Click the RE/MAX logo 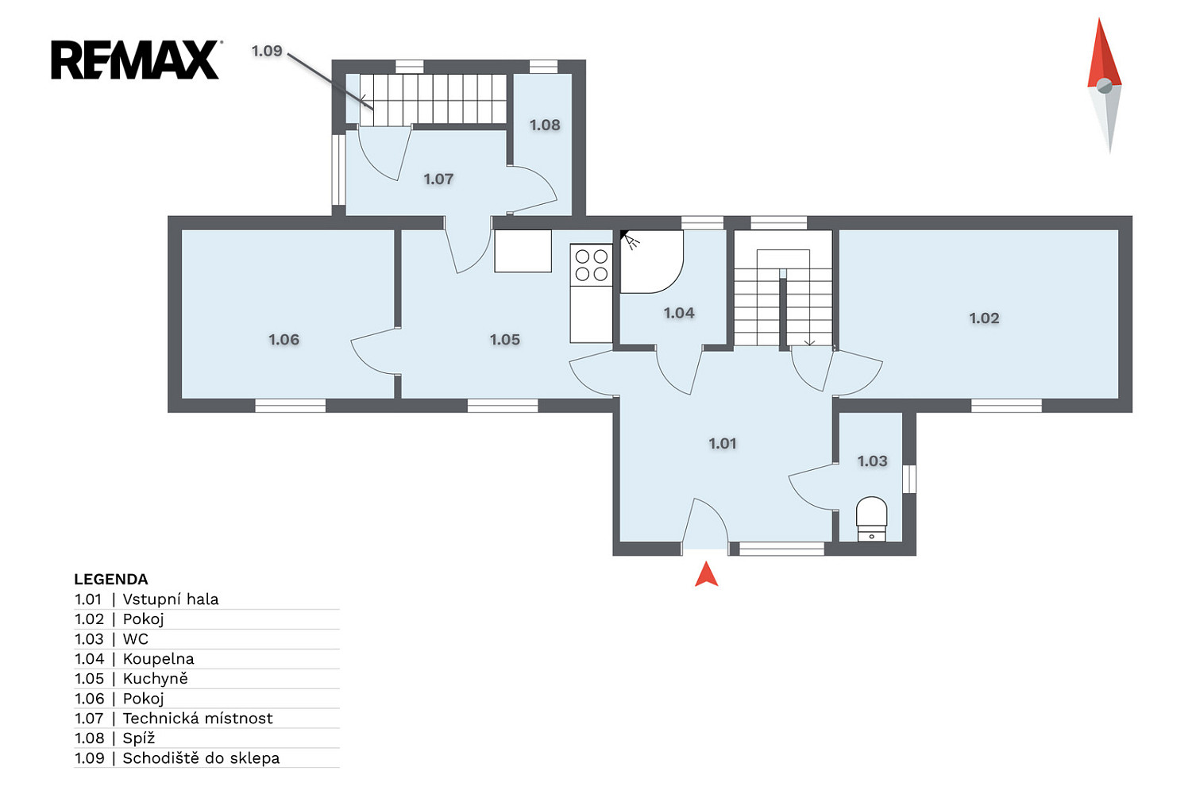tap(136, 60)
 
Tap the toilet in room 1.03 tap(871, 519)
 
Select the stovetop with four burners tap(591, 265)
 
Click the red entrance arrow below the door tap(706, 574)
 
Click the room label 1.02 tap(984, 318)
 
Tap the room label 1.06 tap(284, 340)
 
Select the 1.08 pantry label tap(545, 125)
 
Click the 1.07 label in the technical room tap(438, 179)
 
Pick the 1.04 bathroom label tap(679, 313)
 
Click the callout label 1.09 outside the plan tap(267, 51)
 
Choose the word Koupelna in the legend tap(158, 659)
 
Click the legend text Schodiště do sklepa tap(201, 757)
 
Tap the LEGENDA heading tap(110, 579)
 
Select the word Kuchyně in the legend tap(155, 679)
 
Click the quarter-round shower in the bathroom tap(651, 261)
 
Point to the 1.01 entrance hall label tap(722, 443)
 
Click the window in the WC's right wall tap(909, 479)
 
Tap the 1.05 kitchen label tap(504, 340)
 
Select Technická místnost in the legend tap(198, 719)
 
